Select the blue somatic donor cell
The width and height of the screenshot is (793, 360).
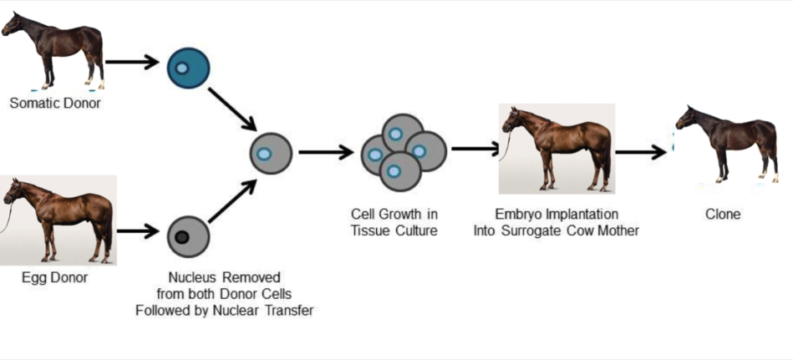pos(189,68)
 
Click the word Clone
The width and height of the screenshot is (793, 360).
pos(723,215)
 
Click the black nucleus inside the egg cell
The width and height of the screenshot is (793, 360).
pos(181,236)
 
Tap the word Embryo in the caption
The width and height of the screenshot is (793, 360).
pos(519,215)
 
